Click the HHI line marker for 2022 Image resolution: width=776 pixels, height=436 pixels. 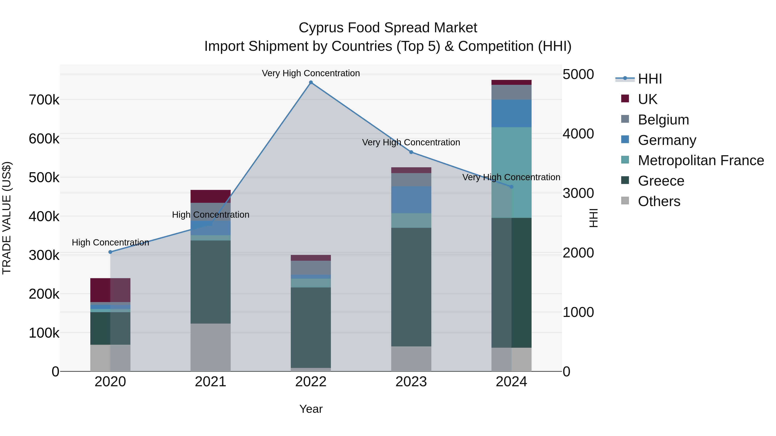click(311, 82)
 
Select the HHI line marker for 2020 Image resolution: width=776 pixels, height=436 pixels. click(110, 252)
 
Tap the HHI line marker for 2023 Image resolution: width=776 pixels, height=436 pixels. click(411, 152)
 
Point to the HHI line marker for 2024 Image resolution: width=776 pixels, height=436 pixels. click(511, 187)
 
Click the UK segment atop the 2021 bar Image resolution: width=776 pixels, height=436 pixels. click(211, 196)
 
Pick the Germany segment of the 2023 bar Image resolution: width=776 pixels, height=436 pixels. click(411, 200)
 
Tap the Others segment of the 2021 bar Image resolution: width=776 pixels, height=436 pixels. click(211, 347)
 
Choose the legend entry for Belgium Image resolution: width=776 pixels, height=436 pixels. click(663, 120)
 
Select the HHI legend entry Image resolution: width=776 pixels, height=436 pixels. click(649, 79)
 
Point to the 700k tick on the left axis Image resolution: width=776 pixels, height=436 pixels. click(44, 100)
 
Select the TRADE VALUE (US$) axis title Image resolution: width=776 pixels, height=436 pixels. click(7, 218)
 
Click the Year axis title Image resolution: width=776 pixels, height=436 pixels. click(311, 409)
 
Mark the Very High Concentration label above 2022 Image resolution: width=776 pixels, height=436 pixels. click(311, 73)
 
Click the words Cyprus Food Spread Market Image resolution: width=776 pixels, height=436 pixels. click(388, 28)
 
